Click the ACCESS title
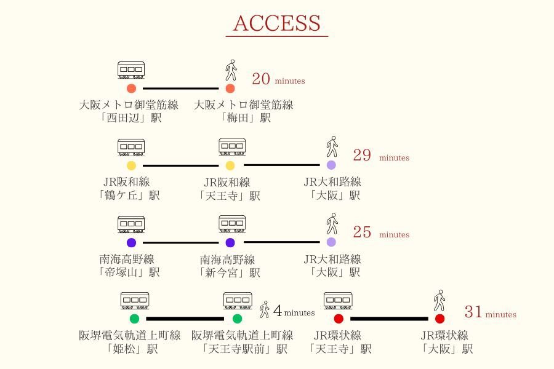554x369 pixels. click(x=277, y=23)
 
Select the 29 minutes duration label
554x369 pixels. click(x=380, y=156)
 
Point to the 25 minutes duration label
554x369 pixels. click(x=380, y=232)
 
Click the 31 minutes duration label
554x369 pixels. click(x=490, y=312)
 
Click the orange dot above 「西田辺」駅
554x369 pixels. click(x=131, y=89)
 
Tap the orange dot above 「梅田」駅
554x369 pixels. click(x=230, y=89)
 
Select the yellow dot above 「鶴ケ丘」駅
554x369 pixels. click(x=131, y=165)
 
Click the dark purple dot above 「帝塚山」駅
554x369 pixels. click(x=131, y=242)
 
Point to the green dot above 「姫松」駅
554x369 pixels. click(x=134, y=319)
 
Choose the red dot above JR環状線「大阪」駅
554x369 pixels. click(x=440, y=319)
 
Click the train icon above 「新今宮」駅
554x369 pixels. click(x=232, y=223)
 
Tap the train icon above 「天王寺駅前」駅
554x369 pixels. click(x=238, y=300)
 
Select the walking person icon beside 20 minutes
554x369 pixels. click(x=231, y=71)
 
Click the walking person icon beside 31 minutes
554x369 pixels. click(x=439, y=301)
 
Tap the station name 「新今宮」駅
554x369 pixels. click(x=230, y=272)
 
